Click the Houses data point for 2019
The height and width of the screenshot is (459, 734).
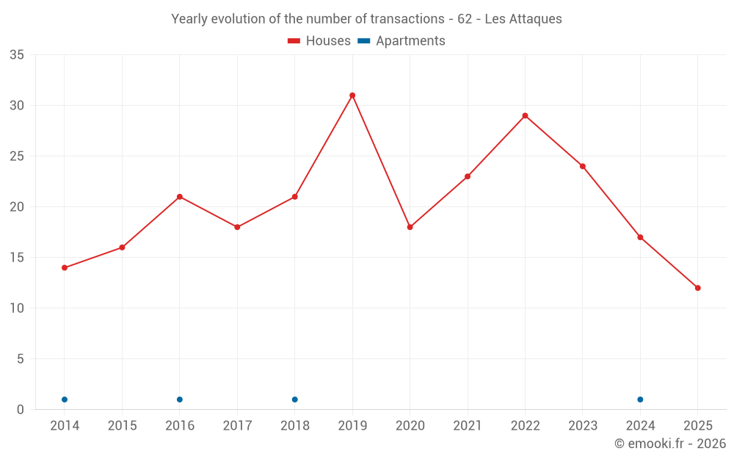(352, 95)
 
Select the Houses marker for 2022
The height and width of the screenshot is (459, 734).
(525, 115)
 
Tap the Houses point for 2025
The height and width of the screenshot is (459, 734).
(697, 288)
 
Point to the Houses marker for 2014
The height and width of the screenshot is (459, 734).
(65, 267)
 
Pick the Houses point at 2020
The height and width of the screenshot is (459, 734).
(410, 227)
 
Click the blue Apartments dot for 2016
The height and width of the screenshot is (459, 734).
(180, 400)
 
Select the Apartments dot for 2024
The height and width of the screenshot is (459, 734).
(640, 400)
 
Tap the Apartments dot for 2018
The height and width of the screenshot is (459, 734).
(294, 400)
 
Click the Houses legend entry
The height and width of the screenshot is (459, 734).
(319, 41)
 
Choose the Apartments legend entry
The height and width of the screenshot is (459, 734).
(402, 41)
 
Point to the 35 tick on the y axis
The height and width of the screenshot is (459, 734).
(17, 55)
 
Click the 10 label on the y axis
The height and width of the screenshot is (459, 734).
(17, 308)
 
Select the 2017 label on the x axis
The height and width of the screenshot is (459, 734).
(237, 426)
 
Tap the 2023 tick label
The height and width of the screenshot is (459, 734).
(582, 426)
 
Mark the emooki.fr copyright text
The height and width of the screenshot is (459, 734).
(669, 444)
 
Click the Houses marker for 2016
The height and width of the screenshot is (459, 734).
(180, 197)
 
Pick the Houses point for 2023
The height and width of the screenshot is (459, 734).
(582, 166)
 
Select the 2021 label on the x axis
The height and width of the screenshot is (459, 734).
(468, 426)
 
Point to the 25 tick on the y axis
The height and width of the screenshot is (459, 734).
(17, 156)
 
